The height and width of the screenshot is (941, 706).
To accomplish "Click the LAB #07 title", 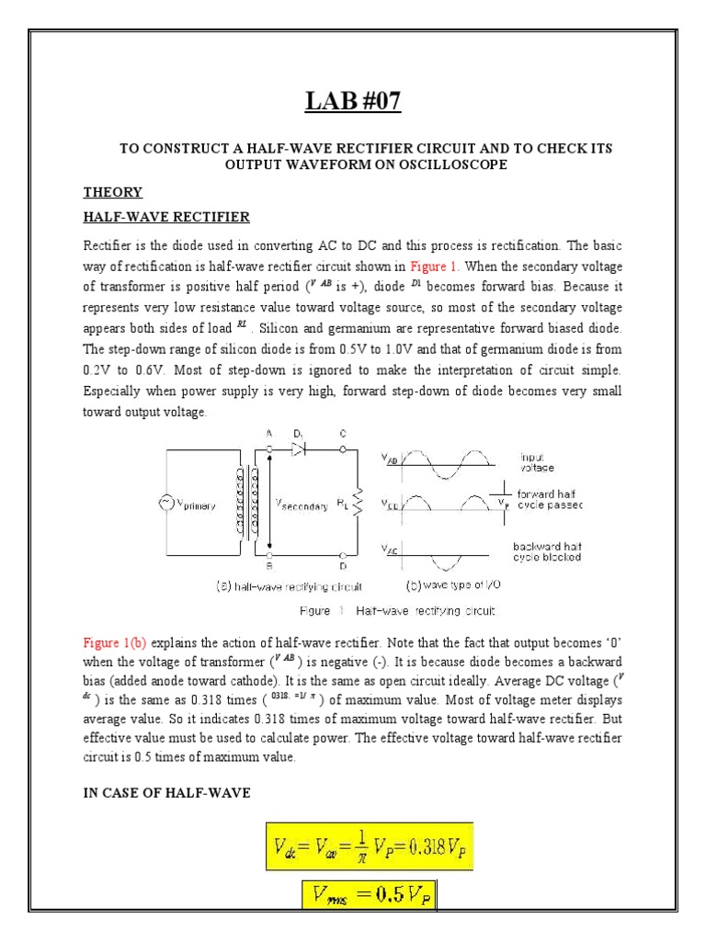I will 354,100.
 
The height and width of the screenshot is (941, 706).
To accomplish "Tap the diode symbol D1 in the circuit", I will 298,449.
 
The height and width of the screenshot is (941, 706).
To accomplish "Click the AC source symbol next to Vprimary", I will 166,503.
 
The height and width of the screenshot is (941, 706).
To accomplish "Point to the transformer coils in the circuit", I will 247,503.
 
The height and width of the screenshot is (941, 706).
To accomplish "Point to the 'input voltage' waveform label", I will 538,461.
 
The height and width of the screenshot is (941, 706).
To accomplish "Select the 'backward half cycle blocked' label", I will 547,551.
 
